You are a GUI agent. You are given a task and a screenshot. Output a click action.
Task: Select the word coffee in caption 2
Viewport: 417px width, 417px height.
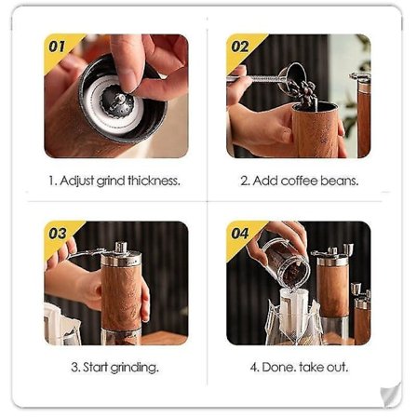click(299, 181)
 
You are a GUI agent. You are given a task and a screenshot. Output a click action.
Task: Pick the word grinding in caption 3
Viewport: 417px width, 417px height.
click(134, 368)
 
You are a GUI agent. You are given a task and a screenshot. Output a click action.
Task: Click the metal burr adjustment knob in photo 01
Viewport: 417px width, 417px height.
click(117, 104)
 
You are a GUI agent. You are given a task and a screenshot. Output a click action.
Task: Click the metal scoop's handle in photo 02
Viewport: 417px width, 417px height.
click(254, 78)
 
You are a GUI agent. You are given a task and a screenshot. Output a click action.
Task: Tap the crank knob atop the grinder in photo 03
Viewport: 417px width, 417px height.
click(121, 248)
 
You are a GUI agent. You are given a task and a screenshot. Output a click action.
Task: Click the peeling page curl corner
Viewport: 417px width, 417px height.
click(390, 395)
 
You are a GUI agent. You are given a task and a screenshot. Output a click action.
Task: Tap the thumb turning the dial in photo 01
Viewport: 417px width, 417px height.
click(128, 63)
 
